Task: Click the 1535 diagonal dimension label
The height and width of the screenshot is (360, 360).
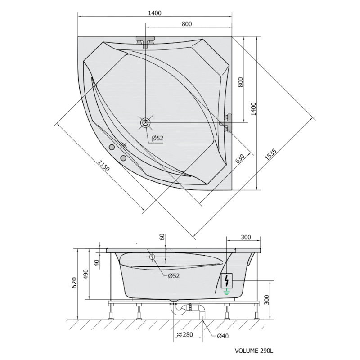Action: (271, 154)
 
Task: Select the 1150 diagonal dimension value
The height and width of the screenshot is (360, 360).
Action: (104, 166)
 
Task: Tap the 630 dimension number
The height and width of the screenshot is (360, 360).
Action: (240, 159)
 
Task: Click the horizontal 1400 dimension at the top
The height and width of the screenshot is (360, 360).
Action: (155, 13)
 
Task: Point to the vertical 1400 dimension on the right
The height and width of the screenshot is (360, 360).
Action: (253, 109)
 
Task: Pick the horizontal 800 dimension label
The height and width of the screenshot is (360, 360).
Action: (187, 24)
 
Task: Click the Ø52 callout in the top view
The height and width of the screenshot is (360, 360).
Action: (157, 138)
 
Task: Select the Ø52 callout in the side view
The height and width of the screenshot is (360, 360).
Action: (174, 276)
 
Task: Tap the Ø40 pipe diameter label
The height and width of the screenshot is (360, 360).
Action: (223, 336)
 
